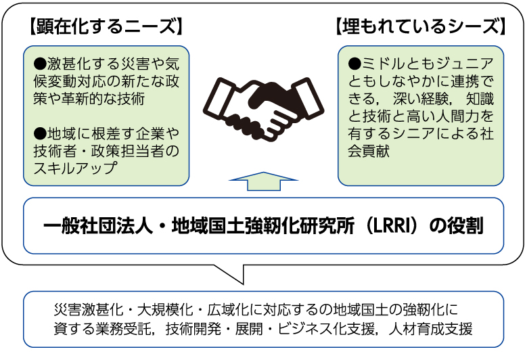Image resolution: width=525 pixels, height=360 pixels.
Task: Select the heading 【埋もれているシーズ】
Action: point(420,28)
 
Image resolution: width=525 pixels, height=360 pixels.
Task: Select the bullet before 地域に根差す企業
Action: point(39,131)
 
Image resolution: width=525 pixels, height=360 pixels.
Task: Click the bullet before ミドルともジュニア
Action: point(355,65)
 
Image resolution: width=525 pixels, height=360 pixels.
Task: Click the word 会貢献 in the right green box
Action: point(370,150)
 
